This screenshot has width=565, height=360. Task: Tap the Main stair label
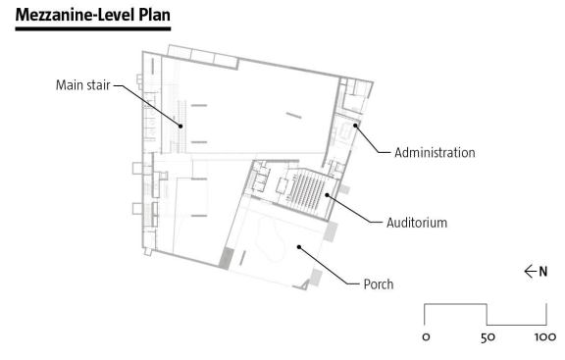point(82,85)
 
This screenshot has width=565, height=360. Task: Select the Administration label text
point(435,152)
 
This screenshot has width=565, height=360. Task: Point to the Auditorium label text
point(417,223)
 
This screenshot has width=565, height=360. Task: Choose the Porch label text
point(379,284)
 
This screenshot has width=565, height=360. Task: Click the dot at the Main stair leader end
point(180,127)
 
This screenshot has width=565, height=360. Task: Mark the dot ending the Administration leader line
point(355,126)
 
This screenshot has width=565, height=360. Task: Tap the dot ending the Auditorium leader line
point(328,195)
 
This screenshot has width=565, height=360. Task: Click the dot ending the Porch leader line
point(299,247)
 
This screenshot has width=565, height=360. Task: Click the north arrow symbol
point(531,272)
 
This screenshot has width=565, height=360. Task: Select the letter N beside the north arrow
point(543,272)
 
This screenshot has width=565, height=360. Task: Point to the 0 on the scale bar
point(426,337)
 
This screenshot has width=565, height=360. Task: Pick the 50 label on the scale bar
point(488,337)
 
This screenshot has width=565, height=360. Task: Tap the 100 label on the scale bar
point(545,337)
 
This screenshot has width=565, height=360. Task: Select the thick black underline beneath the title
point(93,28)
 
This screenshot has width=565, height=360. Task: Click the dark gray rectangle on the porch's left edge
point(226,258)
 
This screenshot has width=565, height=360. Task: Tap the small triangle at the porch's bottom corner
point(304,285)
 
